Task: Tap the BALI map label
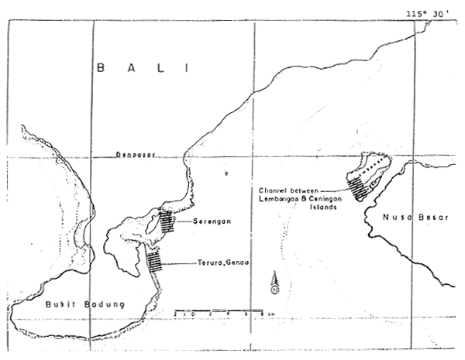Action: pyautogui.click(x=143, y=69)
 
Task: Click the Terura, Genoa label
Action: pyautogui.click(x=218, y=264)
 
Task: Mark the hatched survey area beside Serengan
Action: pyautogui.click(x=167, y=222)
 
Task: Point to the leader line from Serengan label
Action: pyautogui.click(x=180, y=220)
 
